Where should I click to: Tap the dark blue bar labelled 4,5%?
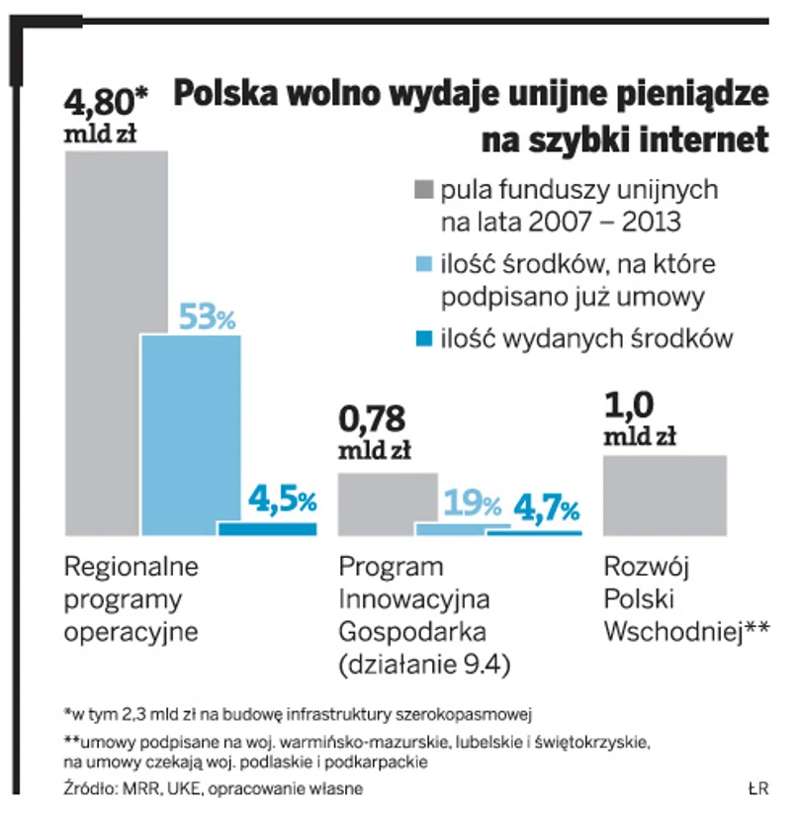click(267, 528)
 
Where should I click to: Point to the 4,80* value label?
click(105, 102)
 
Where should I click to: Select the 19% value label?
click(473, 504)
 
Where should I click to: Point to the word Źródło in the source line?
click(89, 788)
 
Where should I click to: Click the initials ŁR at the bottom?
click(757, 788)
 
